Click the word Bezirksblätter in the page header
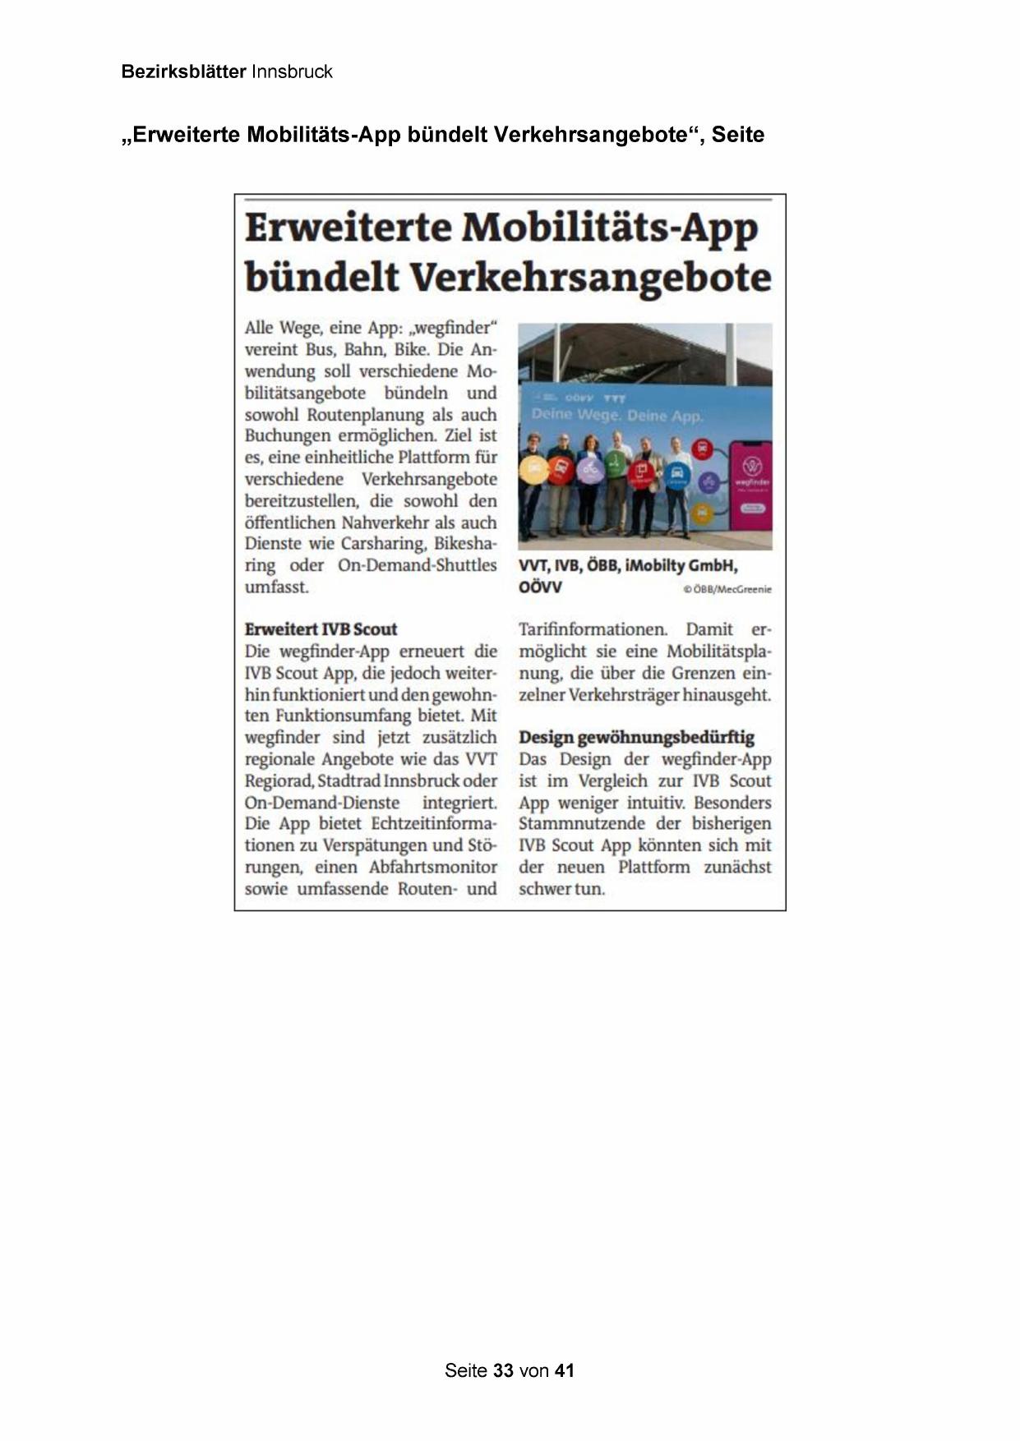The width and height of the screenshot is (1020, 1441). point(183,71)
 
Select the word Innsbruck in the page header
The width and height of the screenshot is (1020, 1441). point(292,71)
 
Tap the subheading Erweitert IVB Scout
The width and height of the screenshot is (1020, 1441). point(321,629)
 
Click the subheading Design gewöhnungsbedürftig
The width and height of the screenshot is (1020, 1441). point(636,737)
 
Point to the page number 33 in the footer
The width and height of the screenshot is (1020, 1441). point(503,1370)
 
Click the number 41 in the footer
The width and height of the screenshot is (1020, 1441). point(564,1370)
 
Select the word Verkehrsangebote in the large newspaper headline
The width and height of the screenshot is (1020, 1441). point(590,278)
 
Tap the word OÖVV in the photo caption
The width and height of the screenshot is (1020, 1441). point(540,587)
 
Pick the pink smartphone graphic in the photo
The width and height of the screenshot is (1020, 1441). point(750,485)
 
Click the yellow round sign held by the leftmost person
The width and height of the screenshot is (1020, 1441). point(534,470)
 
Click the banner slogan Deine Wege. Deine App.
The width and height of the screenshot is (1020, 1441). point(616,416)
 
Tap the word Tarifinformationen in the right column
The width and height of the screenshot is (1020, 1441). point(593,629)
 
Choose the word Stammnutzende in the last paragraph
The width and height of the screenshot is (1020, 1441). point(581,823)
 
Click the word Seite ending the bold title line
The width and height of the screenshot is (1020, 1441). point(737,135)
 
